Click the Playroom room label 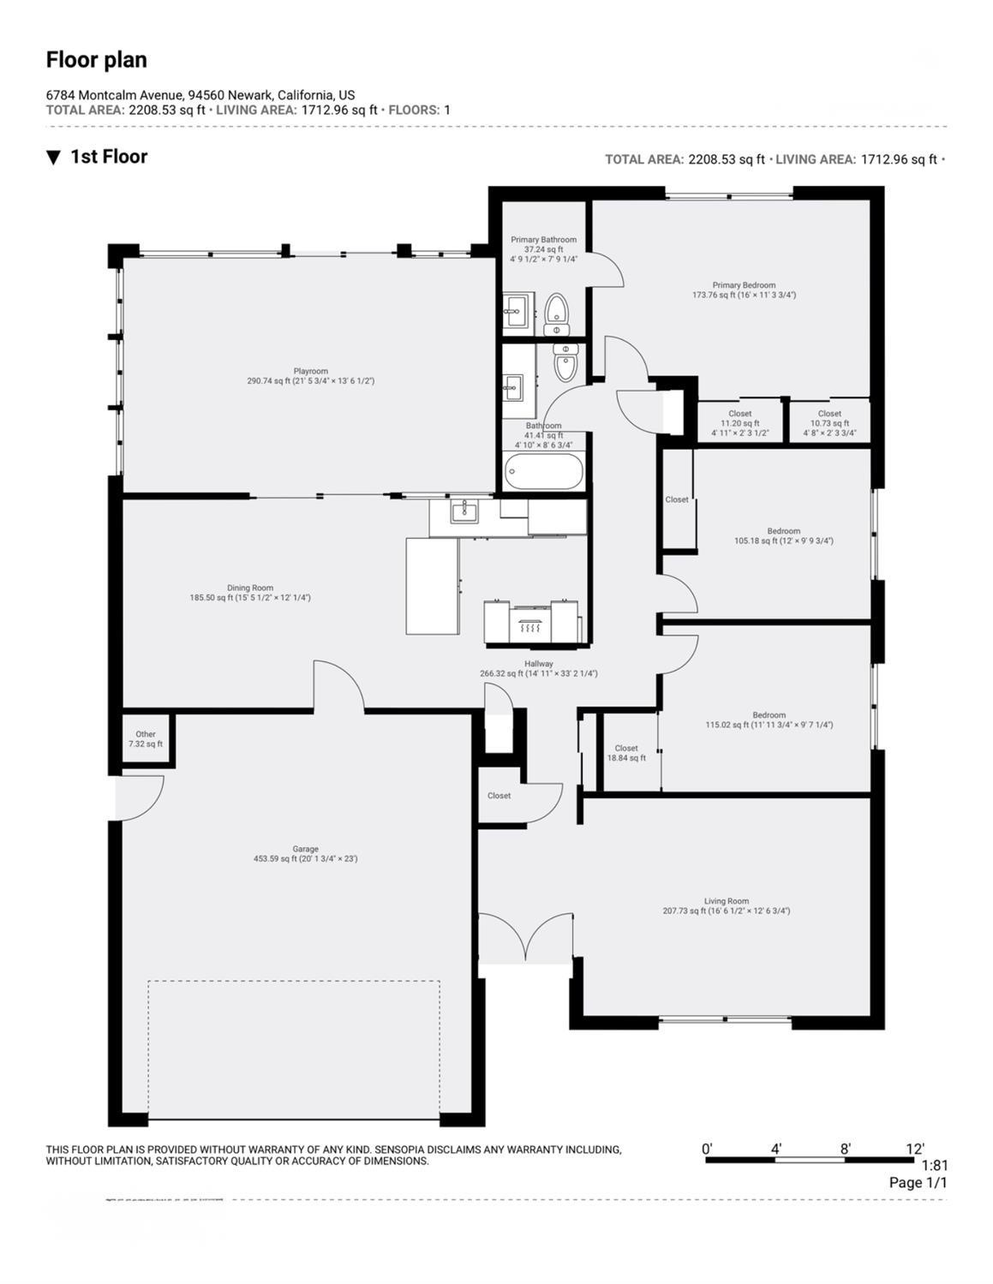[x=310, y=372]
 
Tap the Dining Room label [x=250, y=588]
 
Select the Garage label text [x=305, y=849]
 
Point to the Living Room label [x=727, y=901]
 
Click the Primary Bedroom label [x=744, y=285]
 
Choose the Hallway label [x=539, y=664]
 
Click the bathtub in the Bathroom [x=544, y=471]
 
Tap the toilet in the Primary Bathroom [x=557, y=314]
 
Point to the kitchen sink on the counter [x=464, y=511]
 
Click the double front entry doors [x=525, y=938]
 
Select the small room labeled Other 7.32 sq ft [x=146, y=739]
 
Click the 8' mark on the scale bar [x=845, y=1150]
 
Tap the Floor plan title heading [x=96, y=60]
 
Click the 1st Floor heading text [x=109, y=157]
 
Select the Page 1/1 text [x=918, y=1183]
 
